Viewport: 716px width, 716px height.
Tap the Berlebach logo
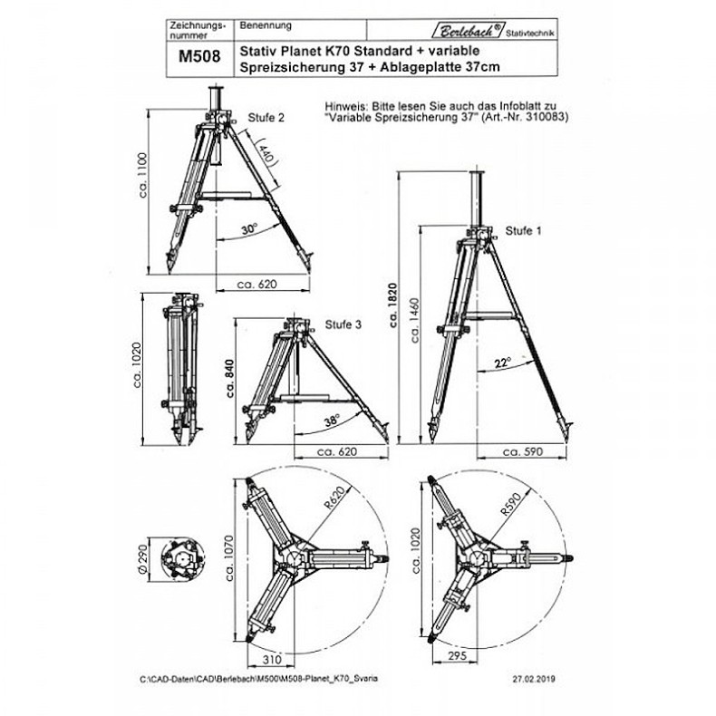(x=492, y=30)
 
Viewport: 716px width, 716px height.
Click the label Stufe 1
(x=523, y=230)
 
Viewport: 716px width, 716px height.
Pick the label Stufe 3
(x=343, y=324)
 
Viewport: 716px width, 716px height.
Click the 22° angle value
(x=503, y=362)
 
